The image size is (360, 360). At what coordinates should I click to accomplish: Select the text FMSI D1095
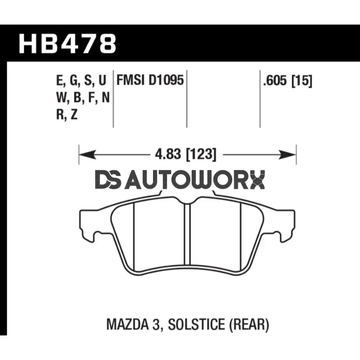click(150, 81)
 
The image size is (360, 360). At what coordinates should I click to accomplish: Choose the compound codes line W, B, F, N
click(83, 98)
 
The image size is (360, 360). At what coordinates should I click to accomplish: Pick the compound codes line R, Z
click(67, 115)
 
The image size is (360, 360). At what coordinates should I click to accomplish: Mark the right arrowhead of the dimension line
click(288, 155)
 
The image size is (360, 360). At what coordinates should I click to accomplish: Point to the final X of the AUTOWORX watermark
click(257, 180)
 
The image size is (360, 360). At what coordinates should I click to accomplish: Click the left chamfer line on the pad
click(134, 236)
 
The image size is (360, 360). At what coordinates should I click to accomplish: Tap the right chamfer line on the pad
click(240, 236)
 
